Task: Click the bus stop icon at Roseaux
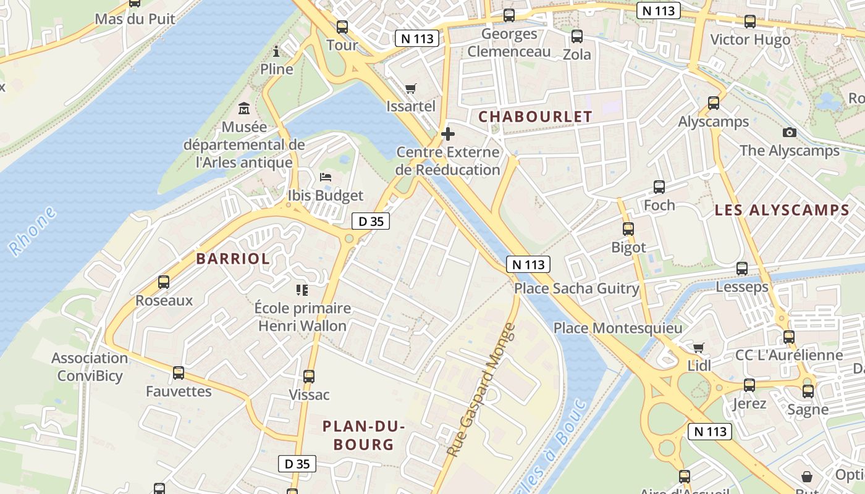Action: coord(164,282)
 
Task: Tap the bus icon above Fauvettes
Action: coord(179,373)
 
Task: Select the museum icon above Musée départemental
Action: coord(244,109)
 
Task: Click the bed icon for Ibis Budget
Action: coord(326,177)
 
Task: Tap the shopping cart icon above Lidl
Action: coord(699,348)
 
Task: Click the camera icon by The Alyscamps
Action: coord(789,132)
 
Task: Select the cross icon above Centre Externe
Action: coord(448,134)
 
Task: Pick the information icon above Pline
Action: coord(276,51)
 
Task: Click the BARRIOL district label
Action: coord(233,259)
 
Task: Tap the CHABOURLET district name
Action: coord(535,116)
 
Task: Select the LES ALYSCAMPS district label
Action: coord(782,210)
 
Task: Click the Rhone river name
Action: coord(32,232)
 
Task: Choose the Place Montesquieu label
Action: coord(617,328)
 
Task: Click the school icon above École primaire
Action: coord(302,290)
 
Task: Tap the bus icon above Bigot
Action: coord(628,229)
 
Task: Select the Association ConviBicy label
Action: coord(90,367)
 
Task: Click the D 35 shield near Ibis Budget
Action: coord(371,221)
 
